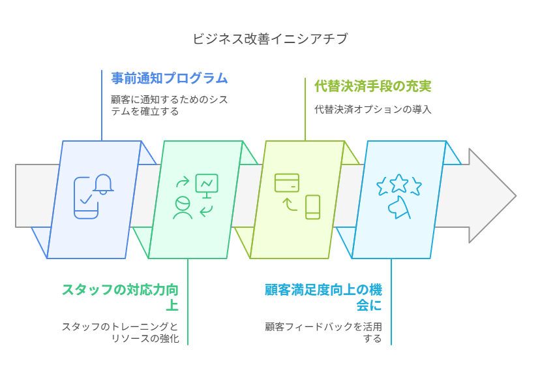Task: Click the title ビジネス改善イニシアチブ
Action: pos(270,39)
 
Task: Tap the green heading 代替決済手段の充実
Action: pos(373,86)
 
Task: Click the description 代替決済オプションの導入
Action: pos(373,109)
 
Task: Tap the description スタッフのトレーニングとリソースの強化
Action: pos(120,333)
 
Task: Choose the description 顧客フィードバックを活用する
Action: pos(323,333)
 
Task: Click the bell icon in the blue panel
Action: pos(103,183)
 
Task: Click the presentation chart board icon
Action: pos(207,185)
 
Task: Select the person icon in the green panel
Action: pos(182,207)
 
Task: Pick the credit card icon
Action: pos(287,183)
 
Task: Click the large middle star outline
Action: pos(399,183)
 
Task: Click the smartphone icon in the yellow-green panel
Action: pos(313,207)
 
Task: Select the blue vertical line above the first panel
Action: pos(102,104)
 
